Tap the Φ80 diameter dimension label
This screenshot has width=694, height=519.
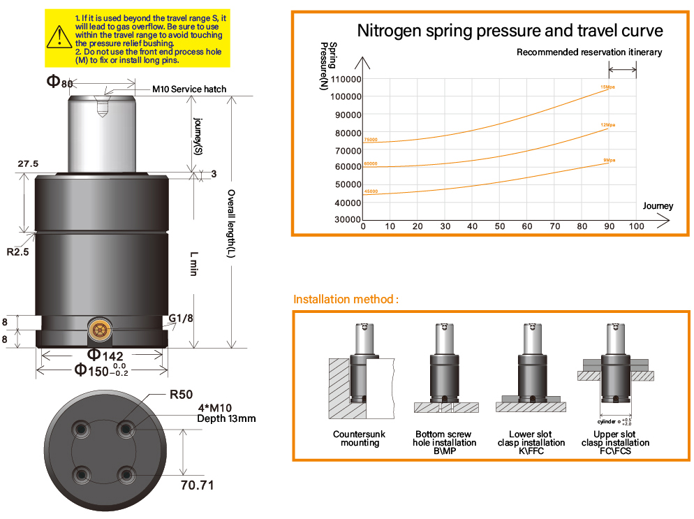pyautogui.click(x=59, y=82)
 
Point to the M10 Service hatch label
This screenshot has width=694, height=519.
pyautogui.click(x=189, y=89)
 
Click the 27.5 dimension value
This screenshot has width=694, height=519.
pyautogui.click(x=28, y=163)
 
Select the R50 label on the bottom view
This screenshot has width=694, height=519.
pyautogui.click(x=181, y=395)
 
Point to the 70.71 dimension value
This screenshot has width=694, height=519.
pyautogui.click(x=197, y=485)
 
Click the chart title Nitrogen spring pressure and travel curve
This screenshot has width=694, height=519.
pyautogui.click(x=510, y=31)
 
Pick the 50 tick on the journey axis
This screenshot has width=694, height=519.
pyautogui.click(x=500, y=226)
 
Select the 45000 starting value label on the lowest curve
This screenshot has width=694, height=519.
pyautogui.click(x=371, y=191)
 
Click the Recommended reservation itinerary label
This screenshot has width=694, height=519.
pyautogui.click(x=589, y=52)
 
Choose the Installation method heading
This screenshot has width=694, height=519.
pyautogui.click(x=346, y=300)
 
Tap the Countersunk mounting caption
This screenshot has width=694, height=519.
pyautogui.click(x=359, y=438)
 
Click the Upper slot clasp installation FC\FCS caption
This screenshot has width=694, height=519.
pyautogui.click(x=615, y=442)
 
